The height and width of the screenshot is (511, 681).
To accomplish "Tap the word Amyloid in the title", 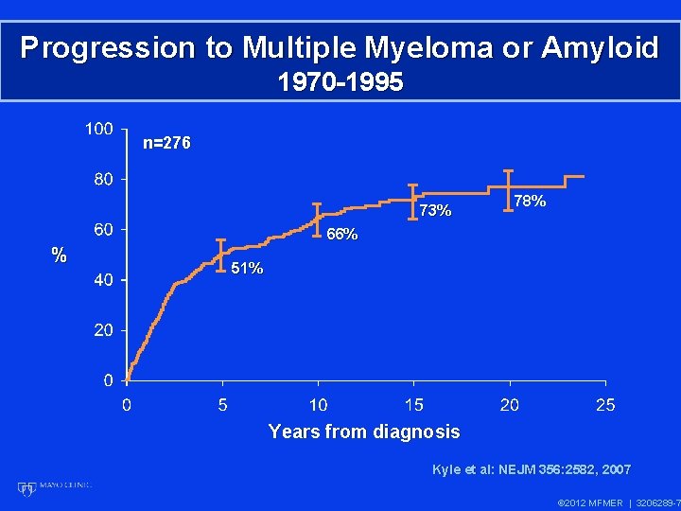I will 599,47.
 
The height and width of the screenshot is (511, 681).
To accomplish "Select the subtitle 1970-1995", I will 340,82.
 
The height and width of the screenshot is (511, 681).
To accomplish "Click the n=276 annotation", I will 166,144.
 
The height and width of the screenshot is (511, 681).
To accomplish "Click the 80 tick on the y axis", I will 103,178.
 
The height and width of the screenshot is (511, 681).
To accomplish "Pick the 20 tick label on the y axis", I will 103,330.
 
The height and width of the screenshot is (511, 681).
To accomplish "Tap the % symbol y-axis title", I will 59,255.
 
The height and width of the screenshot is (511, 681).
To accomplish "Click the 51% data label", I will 247,269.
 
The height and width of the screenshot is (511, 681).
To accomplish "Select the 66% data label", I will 341,235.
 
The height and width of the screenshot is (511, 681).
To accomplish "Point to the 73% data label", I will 435,210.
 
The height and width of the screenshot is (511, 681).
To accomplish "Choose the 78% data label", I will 529,201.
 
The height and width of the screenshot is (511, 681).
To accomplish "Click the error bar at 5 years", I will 221,255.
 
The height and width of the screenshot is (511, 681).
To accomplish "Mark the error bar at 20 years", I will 509,187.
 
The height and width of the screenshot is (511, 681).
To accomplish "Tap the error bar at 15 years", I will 412,202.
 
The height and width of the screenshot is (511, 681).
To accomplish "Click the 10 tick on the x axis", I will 319,405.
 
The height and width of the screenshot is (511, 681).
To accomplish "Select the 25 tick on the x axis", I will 605,405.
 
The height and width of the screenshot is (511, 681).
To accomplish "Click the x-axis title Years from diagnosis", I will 364,432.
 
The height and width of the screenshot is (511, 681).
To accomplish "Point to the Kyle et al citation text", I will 531,469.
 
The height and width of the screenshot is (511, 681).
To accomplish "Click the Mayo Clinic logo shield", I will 26,488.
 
